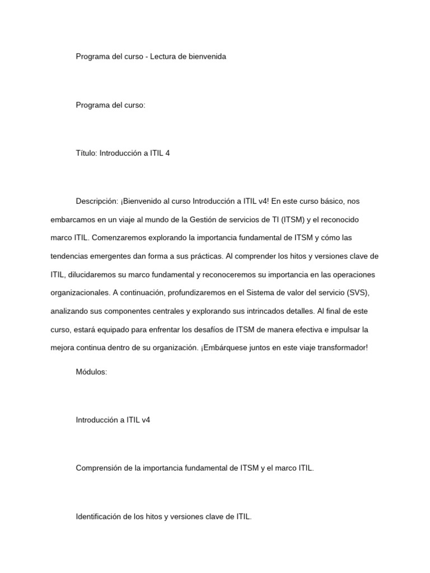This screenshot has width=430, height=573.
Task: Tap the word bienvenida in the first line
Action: (x=208, y=57)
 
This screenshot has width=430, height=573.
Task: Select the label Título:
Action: (x=86, y=153)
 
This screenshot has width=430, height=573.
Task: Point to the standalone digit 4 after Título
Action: (x=167, y=153)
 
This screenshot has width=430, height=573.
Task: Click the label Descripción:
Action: (x=97, y=201)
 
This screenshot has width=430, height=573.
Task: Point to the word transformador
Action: (x=342, y=347)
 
